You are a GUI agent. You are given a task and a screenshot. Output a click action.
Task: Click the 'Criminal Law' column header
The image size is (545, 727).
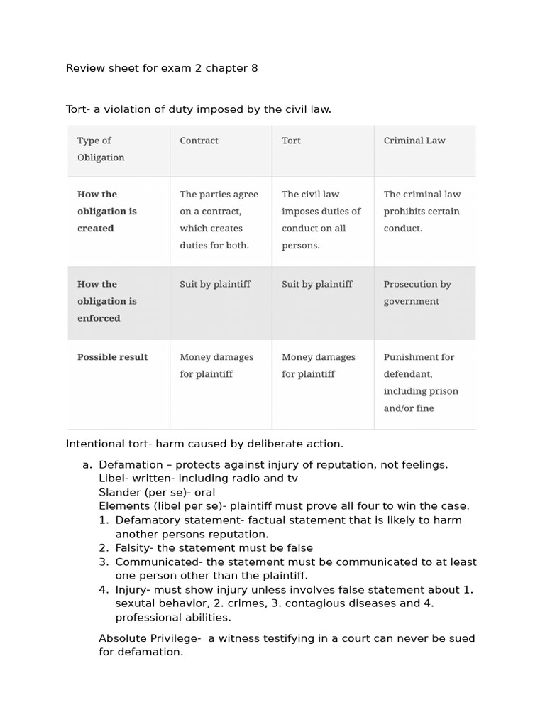pyautogui.click(x=414, y=141)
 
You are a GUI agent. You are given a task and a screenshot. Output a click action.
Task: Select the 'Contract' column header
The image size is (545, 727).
pyautogui.click(x=199, y=141)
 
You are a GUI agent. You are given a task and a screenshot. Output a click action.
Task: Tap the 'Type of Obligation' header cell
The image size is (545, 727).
pyautogui.click(x=100, y=149)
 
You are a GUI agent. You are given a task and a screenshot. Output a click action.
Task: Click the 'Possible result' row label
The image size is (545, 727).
pyautogui.click(x=112, y=357)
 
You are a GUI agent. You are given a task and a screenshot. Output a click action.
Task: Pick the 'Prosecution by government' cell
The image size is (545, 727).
pyautogui.click(x=417, y=293)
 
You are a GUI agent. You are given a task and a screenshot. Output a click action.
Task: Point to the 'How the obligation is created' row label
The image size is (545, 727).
pyautogui.click(x=106, y=211)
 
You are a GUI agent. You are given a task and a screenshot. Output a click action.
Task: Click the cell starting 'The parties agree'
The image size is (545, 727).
pyautogui.click(x=219, y=219)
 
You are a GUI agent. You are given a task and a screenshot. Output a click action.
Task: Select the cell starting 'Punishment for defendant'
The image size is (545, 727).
pyautogui.click(x=421, y=383)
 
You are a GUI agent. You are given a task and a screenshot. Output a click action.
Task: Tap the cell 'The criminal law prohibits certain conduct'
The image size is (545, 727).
pyautogui.click(x=422, y=211)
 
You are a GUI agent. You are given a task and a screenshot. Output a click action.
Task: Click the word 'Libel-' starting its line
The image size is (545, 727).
pyautogui.click(x=114, y=479)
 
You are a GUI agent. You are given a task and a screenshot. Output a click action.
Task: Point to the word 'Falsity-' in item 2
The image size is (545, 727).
pyautogui.click(x=134, y=548)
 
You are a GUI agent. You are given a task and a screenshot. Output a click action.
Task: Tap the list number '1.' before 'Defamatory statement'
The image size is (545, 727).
pyautogui.click(x=104, y=520)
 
